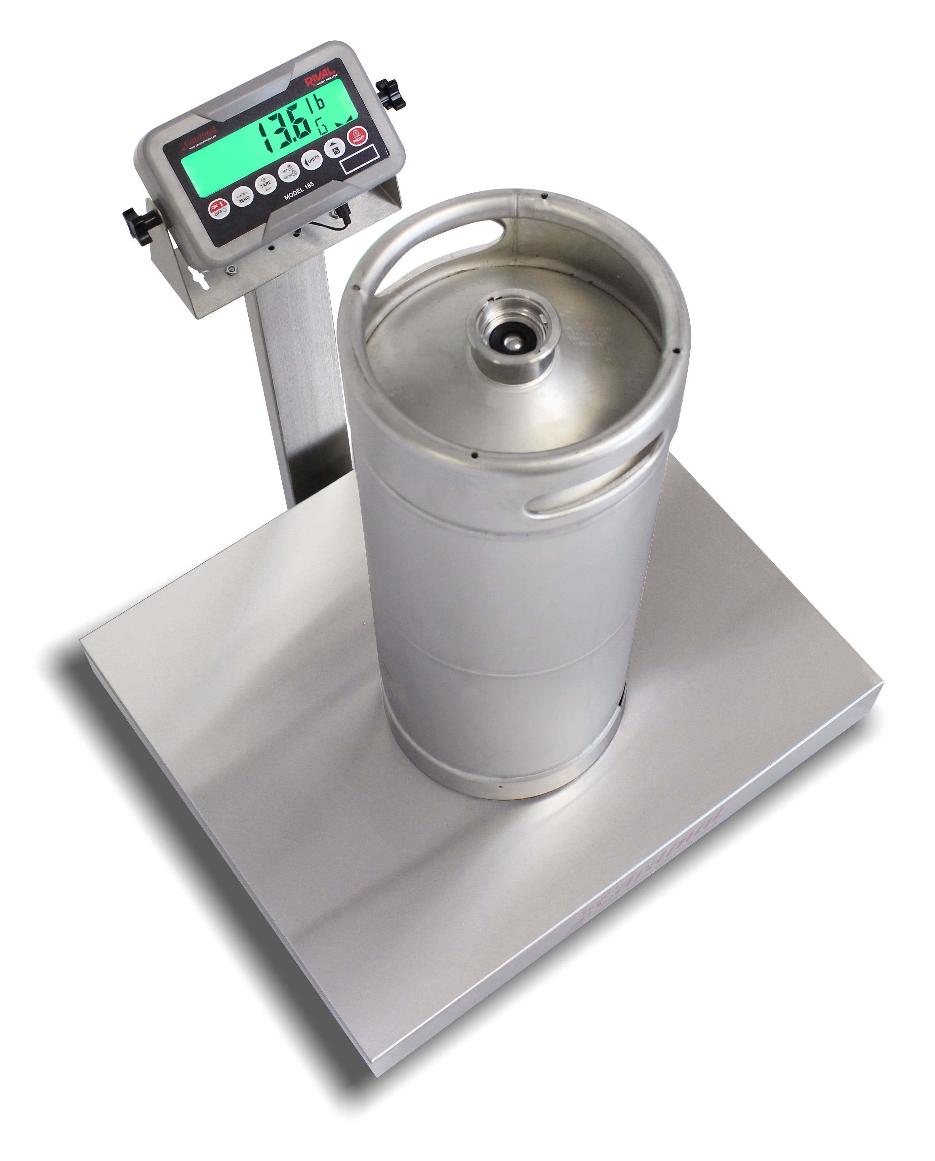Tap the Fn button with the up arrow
coord(335,149)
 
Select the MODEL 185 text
coord(299,192)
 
